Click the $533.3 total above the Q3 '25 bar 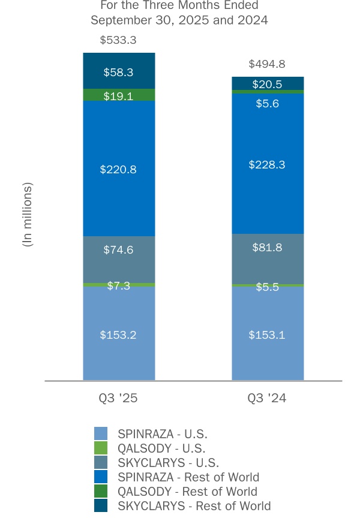[x=119, y=41]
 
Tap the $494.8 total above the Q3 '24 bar [x=267, y=65]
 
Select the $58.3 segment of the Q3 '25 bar [x=119, y=72]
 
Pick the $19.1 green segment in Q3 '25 [x=119, y=95]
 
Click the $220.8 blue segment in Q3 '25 [x=119, y=169]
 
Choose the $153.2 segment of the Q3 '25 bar [x=119, y=334]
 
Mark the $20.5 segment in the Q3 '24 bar [x=267, y=84]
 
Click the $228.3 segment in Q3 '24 [x=267, y=164]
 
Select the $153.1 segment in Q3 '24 [x=267, y=334]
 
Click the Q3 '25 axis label [x=119, y=396]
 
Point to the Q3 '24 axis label [x=267, y=396]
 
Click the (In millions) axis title [x=28, y=215]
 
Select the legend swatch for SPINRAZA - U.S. [x=101, y=433]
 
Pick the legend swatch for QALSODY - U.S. [x=101, y=448]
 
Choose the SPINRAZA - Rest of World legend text [x=188, y=477]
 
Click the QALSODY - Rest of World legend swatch [x=101, y=492]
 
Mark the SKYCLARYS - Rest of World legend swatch [x=101, y=506]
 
